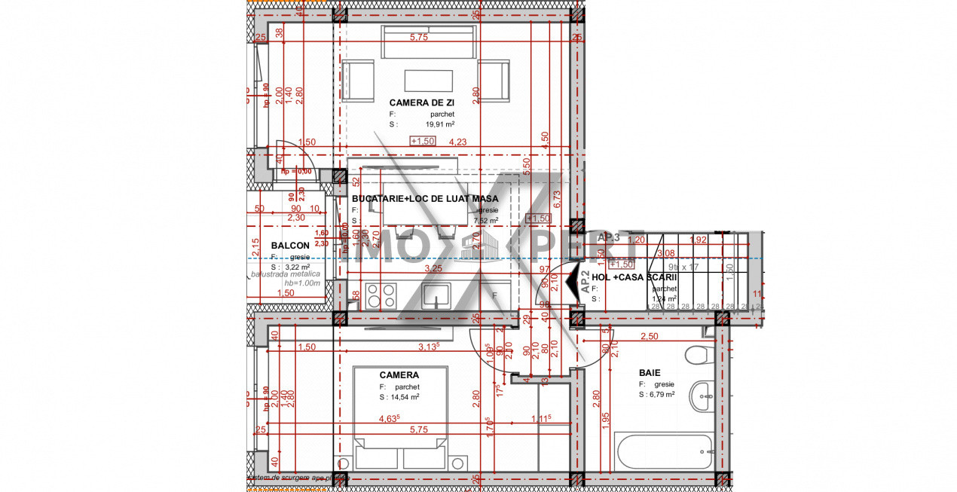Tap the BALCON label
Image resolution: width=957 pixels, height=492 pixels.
[290, 246]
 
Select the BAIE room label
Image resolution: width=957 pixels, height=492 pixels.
[650, 372]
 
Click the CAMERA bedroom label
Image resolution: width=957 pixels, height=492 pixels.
[399, 374]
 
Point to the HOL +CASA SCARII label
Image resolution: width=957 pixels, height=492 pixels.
[634, 277]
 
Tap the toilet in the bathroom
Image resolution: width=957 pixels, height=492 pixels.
[699, 353]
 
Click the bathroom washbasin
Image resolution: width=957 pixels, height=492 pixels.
[702, 396]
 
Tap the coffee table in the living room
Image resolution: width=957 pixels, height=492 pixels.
[428, 81]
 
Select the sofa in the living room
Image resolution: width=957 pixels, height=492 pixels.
[428, 42]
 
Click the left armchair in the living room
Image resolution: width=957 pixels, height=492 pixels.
[359, 81]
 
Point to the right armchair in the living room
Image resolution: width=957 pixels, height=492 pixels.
[494, 81]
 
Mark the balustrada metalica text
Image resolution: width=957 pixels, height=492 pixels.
[286, 274]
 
